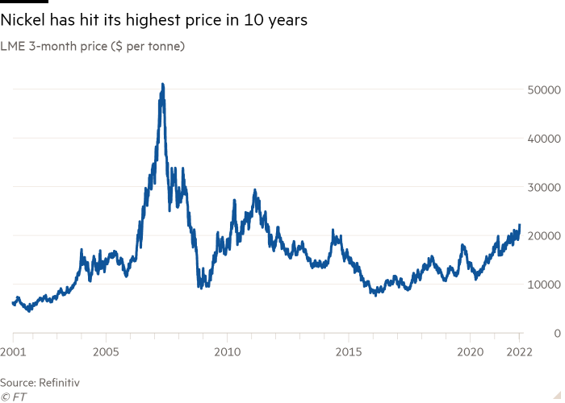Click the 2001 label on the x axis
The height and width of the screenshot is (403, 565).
[12, 351]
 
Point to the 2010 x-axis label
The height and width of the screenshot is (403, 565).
[227, 351]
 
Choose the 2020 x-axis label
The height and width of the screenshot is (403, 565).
[469, 351]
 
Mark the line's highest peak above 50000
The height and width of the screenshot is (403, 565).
[162, 83]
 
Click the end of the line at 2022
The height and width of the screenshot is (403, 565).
[520, 225]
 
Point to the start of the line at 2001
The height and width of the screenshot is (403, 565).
[12, 303]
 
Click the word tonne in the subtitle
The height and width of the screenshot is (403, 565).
[164, 47]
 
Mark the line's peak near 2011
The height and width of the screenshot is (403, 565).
[255, 191]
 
